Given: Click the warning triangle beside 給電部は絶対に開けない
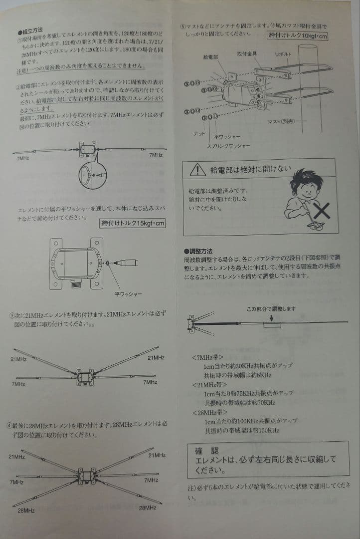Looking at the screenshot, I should (x=198, y=170).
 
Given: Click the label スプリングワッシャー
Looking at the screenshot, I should (x=229, y=146).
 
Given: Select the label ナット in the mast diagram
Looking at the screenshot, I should (x=199, y=134).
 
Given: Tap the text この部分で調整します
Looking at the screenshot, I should (x=271, y=309).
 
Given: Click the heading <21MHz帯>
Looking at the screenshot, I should (x=209, y=385).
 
